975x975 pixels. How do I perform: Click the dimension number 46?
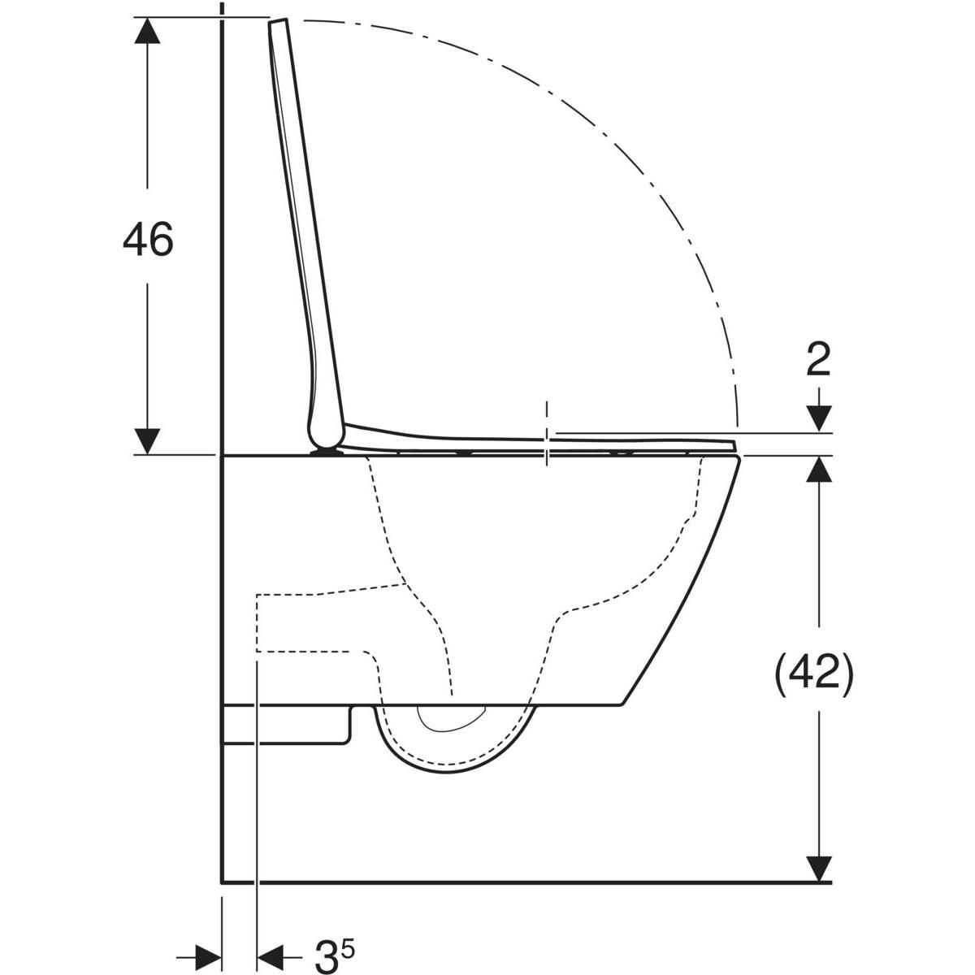(x=148, y=240)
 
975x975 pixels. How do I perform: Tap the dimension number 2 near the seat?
(x=819, y=360)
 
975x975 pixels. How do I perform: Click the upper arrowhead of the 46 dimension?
(x=147, y=30)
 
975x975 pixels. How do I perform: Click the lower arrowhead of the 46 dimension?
(x=147, y=440)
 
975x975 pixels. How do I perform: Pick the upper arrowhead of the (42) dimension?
(x=821, y=470)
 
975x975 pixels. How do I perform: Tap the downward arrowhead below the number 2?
(x=821, y=419)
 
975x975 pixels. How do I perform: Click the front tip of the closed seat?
(x=734, y=444)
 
